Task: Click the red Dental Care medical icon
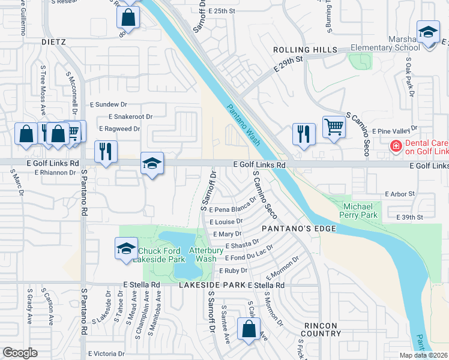pyautogui.click(x=396, y=145)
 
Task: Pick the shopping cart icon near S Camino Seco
pyautogui.click(x=334, y=127)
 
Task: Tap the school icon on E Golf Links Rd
pyautogui.click(x=152, y=163)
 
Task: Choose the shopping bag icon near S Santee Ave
pyautogui.click(x=249, y=329)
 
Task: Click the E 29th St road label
pyautogui.click(x=288, y=64)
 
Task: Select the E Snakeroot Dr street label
pyautogui.click(x=130, y=116)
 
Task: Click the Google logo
pyautogui.click(x=20, y=353)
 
